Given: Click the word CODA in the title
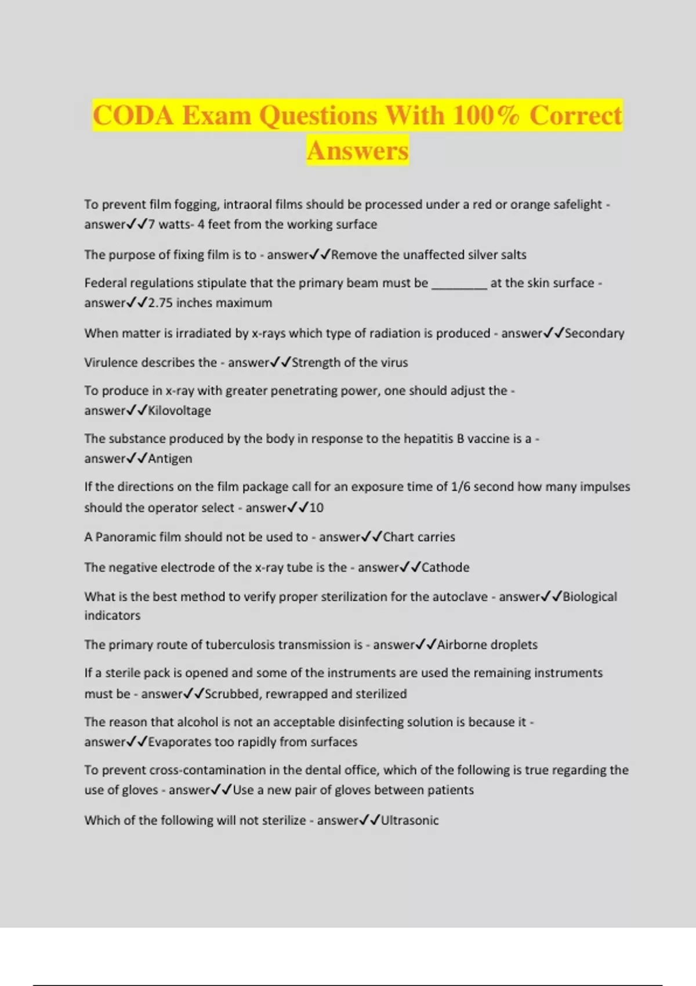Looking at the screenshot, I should [133, 115].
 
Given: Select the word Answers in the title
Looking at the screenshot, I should [358, 150].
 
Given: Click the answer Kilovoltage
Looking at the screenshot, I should [179, 411].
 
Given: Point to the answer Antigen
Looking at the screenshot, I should [170, 459].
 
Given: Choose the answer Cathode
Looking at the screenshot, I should [445, 567].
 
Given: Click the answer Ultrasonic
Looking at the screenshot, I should [409, 820].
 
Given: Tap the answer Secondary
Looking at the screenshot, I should [594, 333].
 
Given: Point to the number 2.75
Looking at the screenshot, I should [160, 303].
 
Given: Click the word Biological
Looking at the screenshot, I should [590, 597].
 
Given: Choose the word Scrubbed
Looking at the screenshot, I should [231, 694].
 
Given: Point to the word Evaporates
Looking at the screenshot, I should [180, 742].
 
